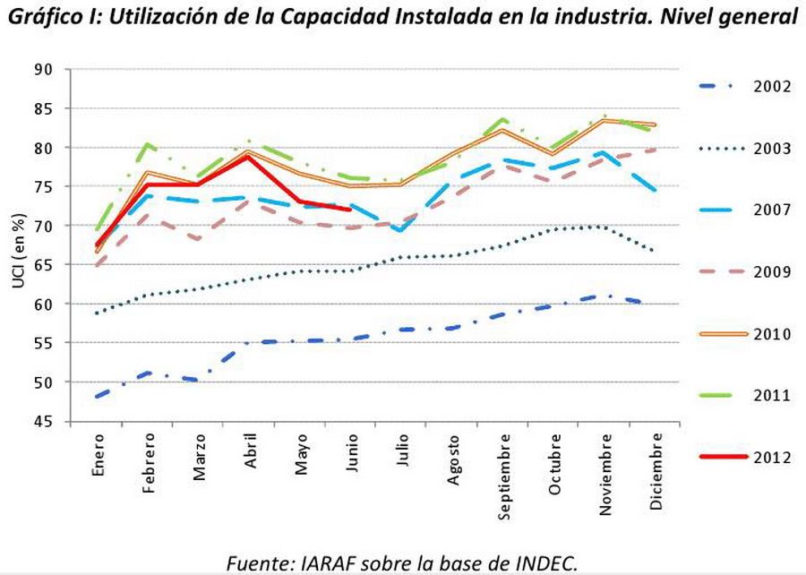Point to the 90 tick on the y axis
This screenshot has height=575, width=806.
click(x=66, y=70)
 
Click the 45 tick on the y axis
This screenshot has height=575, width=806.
click(x=66, y=422)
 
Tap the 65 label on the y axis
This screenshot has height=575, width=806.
click(x=66, y=265)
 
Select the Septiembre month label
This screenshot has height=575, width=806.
click(x=505, y=476)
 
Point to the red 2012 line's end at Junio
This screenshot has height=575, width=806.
click(x=352, y=210)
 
